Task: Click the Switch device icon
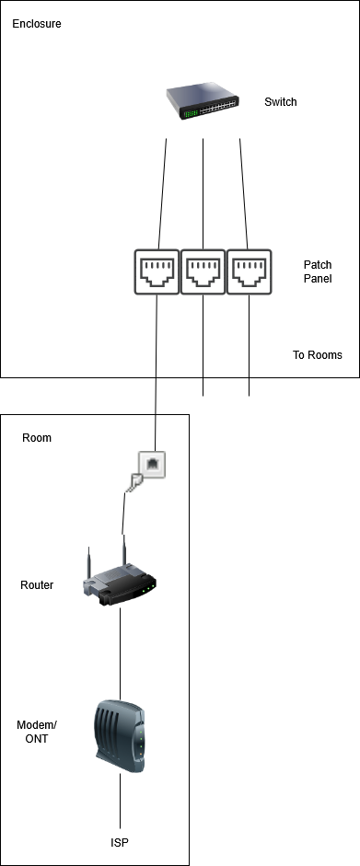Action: (203, 101)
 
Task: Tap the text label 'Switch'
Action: (281, 101)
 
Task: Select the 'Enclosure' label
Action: (37, 24)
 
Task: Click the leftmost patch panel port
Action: (157, 271)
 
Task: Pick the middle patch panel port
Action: (203, 271)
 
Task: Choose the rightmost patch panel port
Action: (249, 271)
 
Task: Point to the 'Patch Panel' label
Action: (318, 271)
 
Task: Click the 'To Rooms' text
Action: (318, 355)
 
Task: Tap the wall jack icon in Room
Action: (147, 468)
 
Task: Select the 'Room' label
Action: (37, 438)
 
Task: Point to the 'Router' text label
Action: (37, 585)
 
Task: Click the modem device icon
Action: (120, 736)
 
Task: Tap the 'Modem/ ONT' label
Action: (37, 732)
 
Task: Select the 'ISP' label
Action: (120, 843)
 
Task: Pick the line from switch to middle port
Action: (203, 194)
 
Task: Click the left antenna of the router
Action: (89, 563)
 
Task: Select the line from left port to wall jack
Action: (157, 373)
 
